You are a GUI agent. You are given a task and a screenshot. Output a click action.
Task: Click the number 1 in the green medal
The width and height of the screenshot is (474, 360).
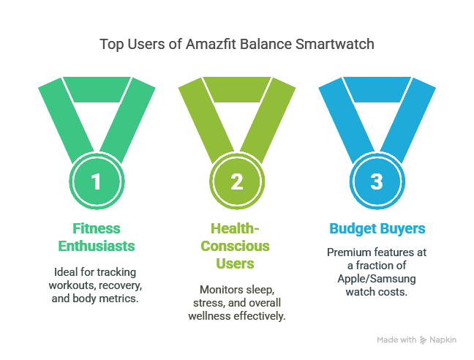[96, 181]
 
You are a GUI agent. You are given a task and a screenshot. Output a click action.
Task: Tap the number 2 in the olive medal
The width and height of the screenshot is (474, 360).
[236, 181]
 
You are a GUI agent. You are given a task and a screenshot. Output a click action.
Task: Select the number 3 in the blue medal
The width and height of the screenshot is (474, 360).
[377, 181]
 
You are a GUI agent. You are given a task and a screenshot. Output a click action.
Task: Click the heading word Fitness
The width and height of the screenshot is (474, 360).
[96, 228]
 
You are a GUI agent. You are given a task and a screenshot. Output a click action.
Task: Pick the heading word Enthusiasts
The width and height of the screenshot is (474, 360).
[96, 245]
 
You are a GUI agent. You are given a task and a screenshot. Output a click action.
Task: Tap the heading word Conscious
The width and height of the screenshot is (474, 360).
[236, 245]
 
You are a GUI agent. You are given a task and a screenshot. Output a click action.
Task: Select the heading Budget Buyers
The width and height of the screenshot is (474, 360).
[377, 228]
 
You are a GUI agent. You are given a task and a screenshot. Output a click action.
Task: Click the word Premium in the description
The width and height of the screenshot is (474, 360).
[347, 252]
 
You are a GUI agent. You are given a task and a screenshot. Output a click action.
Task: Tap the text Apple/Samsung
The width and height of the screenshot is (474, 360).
[377, 278]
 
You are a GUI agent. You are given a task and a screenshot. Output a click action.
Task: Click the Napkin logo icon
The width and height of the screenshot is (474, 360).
[424, 340]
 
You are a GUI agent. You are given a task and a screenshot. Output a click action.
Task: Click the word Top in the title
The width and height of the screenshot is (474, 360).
[110, 45]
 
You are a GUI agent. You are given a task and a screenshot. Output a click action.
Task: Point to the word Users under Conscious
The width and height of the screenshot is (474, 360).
[236, 262]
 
